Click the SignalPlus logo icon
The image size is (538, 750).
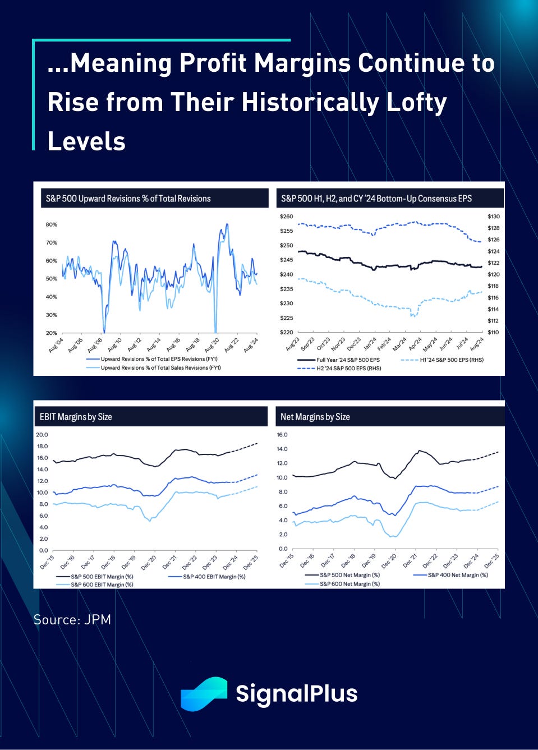(x=204, y=694)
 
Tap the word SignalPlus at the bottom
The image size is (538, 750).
(x=296, y=693)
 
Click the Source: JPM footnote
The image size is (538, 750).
(x=72, y=620)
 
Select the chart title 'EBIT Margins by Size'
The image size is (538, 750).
(x=76, y=417)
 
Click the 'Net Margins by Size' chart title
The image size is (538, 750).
(x=315, y=417)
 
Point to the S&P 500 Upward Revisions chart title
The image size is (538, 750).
(x=128, y=199)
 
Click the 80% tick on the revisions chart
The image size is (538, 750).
(x=51, y=224)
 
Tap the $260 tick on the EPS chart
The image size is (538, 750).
(x=286, y=217)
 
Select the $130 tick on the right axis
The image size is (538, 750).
(x=494, y=217)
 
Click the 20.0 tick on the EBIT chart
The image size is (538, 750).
(x=42, y=435)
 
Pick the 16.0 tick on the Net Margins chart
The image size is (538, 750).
(x=282, y=435)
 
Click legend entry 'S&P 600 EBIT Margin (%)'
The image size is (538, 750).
(x=102, y=585)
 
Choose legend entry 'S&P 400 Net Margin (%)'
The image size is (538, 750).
(x=458, y=575)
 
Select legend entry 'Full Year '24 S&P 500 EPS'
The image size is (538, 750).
(x=348, y=360)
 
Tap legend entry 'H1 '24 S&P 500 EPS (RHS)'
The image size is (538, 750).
(x=451, y=360)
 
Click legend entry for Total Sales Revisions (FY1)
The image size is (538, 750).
(x=160, y=368)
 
